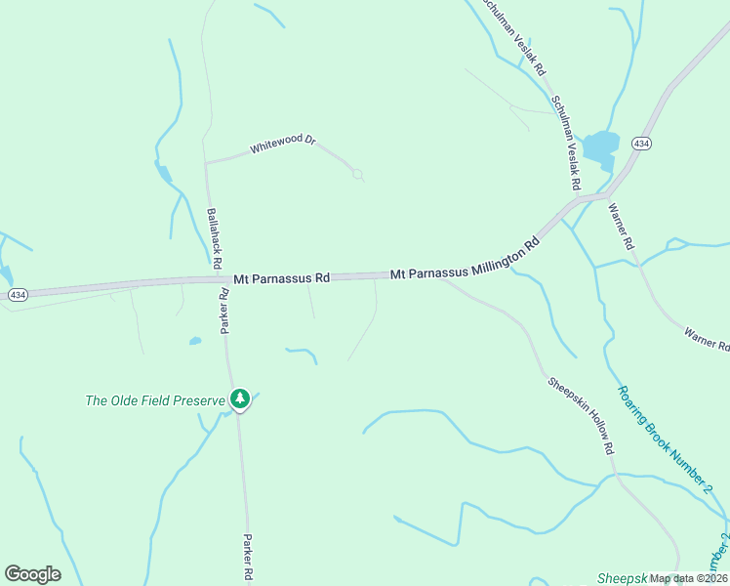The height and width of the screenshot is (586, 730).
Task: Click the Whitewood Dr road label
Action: pos(283,145)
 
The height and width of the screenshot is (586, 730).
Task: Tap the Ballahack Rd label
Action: pos(212,237)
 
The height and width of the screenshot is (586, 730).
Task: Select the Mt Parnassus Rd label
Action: pos(282,278)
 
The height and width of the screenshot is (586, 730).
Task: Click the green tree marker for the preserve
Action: pos(240,398)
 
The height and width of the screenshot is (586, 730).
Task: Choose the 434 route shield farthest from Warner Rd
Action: pos(18,294)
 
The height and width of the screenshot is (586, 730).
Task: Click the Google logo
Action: pos(32,574)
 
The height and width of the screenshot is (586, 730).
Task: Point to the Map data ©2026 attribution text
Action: pos(688,578)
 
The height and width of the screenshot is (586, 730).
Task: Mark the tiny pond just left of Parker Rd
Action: pos(195,341)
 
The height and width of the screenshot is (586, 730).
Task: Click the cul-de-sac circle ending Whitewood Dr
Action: pos(358,175)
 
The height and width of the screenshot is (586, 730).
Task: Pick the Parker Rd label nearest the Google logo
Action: pos(248,558)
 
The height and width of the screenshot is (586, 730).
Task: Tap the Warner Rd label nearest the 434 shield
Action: pos(622,227)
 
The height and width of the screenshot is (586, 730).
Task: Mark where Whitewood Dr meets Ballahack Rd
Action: pos(205,163)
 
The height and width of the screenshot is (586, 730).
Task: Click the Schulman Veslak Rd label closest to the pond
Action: pos(567,142)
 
